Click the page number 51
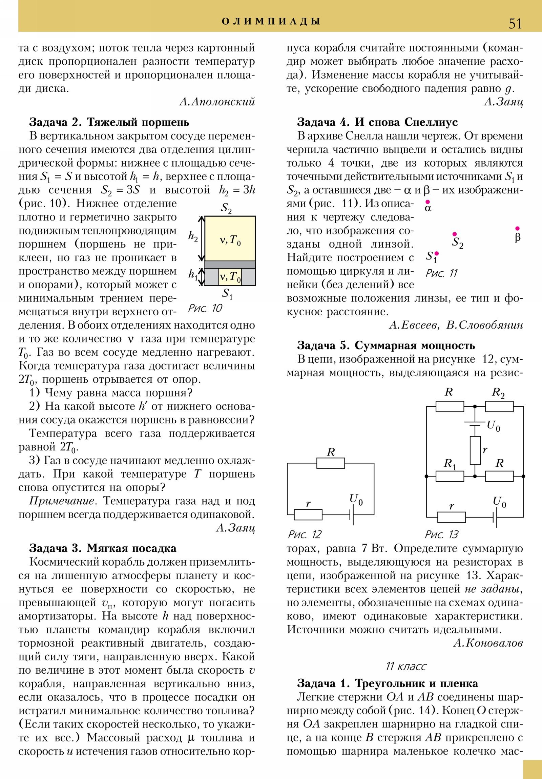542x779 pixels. pos(515,24)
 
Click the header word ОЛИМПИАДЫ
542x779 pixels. pos(271,21)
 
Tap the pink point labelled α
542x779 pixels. pos(428,202)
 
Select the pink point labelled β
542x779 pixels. pos(517,228)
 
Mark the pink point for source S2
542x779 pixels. pos(455,234)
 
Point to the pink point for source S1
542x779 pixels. pos(437,253)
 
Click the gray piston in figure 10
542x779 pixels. pos(230,265)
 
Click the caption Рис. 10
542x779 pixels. pos(205,308)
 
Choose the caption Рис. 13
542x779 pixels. pos(441,535)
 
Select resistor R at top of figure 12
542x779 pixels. pos(331,463)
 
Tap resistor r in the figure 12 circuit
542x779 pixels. pos(308,515)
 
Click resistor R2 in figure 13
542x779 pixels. pos(499,406)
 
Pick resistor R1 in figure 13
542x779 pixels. pos(450,476)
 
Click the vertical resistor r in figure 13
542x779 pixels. pos(475,450)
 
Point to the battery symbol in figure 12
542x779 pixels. pos(352,515)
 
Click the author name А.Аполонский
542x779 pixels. pos(217,102)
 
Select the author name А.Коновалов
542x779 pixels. pos(488,643)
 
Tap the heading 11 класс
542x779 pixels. pos(405,666)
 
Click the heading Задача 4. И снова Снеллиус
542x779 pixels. pos(377,122)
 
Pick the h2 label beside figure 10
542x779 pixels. pos(193,236)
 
